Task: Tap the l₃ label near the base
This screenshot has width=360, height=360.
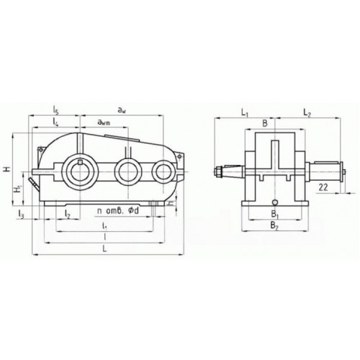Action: [22, 213]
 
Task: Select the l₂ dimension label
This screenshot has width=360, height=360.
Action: [66, 213]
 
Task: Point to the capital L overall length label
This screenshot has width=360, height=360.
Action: [106, 248]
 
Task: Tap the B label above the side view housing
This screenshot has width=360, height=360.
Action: [265, 124]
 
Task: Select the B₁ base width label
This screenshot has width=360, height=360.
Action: [274, 214]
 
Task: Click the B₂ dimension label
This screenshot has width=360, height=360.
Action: [274, 226]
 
